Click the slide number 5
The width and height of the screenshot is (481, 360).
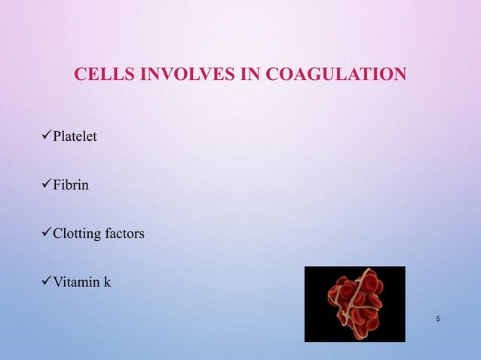tap(439, 322)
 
